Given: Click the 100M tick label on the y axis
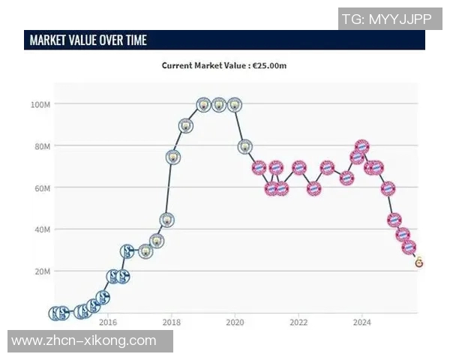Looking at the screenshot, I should tap(40, 103).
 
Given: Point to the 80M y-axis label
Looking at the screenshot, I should tap(41, 145).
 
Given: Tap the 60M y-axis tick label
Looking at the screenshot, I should tap(41, 187).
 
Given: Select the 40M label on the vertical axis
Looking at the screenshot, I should tap(41, 229).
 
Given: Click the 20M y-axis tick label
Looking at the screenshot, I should tap(41, 271).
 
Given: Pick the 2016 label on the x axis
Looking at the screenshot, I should tap(108, 323).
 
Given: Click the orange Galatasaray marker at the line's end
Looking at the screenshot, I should tap(418, 262).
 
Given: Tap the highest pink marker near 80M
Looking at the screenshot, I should tap(361, 146).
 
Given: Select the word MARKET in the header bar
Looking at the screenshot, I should tap(52, 40).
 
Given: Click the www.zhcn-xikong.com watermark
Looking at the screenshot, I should tap(84, 341).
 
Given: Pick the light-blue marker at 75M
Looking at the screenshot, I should tap(172, 157).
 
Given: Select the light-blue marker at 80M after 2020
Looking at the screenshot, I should tap(244, 147).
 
